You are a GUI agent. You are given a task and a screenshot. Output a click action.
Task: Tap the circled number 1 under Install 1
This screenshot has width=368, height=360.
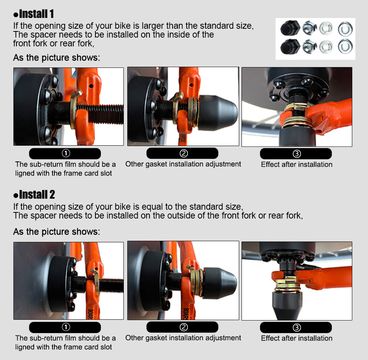click(x=66, y=153)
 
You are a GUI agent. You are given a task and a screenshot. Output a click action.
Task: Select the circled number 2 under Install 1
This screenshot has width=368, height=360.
click(x=184, y=153)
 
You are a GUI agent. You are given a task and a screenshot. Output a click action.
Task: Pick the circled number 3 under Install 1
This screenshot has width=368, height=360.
click(x=297, y=154)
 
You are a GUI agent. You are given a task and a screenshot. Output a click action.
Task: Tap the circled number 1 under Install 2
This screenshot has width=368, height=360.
click(x=66, y=327)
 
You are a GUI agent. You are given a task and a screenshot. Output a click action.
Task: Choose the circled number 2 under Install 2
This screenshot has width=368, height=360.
click(x=184, y=327)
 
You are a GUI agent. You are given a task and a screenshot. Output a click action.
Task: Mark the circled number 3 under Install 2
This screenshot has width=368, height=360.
click(x=297, y=328)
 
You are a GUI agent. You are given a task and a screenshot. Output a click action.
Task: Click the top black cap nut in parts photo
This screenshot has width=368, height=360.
click(x=290, y=28)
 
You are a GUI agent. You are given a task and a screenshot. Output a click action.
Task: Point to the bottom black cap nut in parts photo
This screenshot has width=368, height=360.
click(x=290, y=46)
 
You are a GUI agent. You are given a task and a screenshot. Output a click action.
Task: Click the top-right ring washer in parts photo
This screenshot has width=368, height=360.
click(x=345, y=29)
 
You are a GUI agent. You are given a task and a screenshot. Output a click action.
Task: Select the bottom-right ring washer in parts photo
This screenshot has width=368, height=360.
click(x=345, y=46)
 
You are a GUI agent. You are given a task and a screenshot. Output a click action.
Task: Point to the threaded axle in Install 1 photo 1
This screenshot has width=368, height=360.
click(x=100, y=114)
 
